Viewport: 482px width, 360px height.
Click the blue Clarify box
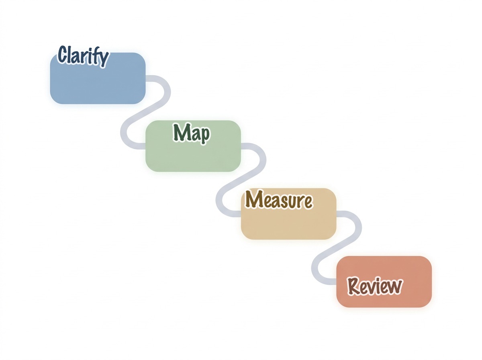98,82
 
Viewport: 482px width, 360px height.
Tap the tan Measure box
288,221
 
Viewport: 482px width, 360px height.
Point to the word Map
191,133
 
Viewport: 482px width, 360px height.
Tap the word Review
375,286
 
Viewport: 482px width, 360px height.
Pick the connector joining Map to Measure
241,181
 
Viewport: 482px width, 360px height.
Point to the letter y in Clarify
103,59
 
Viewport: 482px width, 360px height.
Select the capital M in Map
180,132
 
